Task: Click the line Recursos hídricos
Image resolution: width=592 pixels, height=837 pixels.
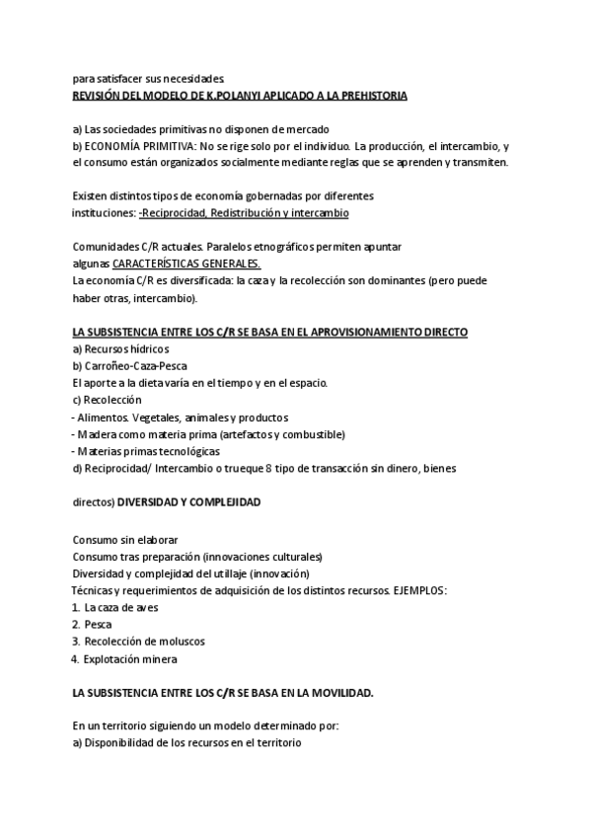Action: (x=120, y=348)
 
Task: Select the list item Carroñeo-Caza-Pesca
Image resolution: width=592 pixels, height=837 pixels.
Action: (x=129, y=366)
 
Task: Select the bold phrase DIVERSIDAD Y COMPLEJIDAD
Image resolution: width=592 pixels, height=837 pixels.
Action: (x=189, y=502)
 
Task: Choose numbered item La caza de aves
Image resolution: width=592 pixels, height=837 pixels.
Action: (x=120, y=607)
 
